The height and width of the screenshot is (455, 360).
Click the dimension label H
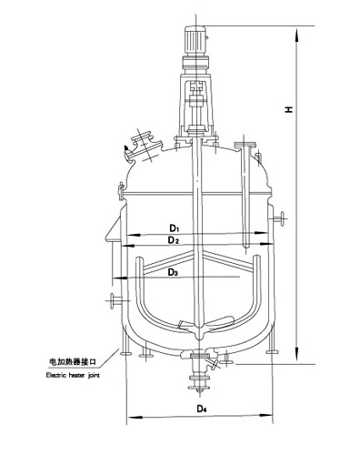(289, 109)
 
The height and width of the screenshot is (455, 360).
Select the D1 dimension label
(175, 227)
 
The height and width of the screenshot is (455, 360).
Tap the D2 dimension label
(174, 240)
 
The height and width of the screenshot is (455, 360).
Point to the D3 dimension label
(173, 273)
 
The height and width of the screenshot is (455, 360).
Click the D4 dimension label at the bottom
(202, 409)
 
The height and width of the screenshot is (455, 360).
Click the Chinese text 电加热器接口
(73, 361)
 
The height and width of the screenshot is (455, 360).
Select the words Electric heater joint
(73, 375)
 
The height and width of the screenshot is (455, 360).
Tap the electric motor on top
(195, 42)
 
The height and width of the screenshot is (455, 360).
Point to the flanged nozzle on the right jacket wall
(279, 218)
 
